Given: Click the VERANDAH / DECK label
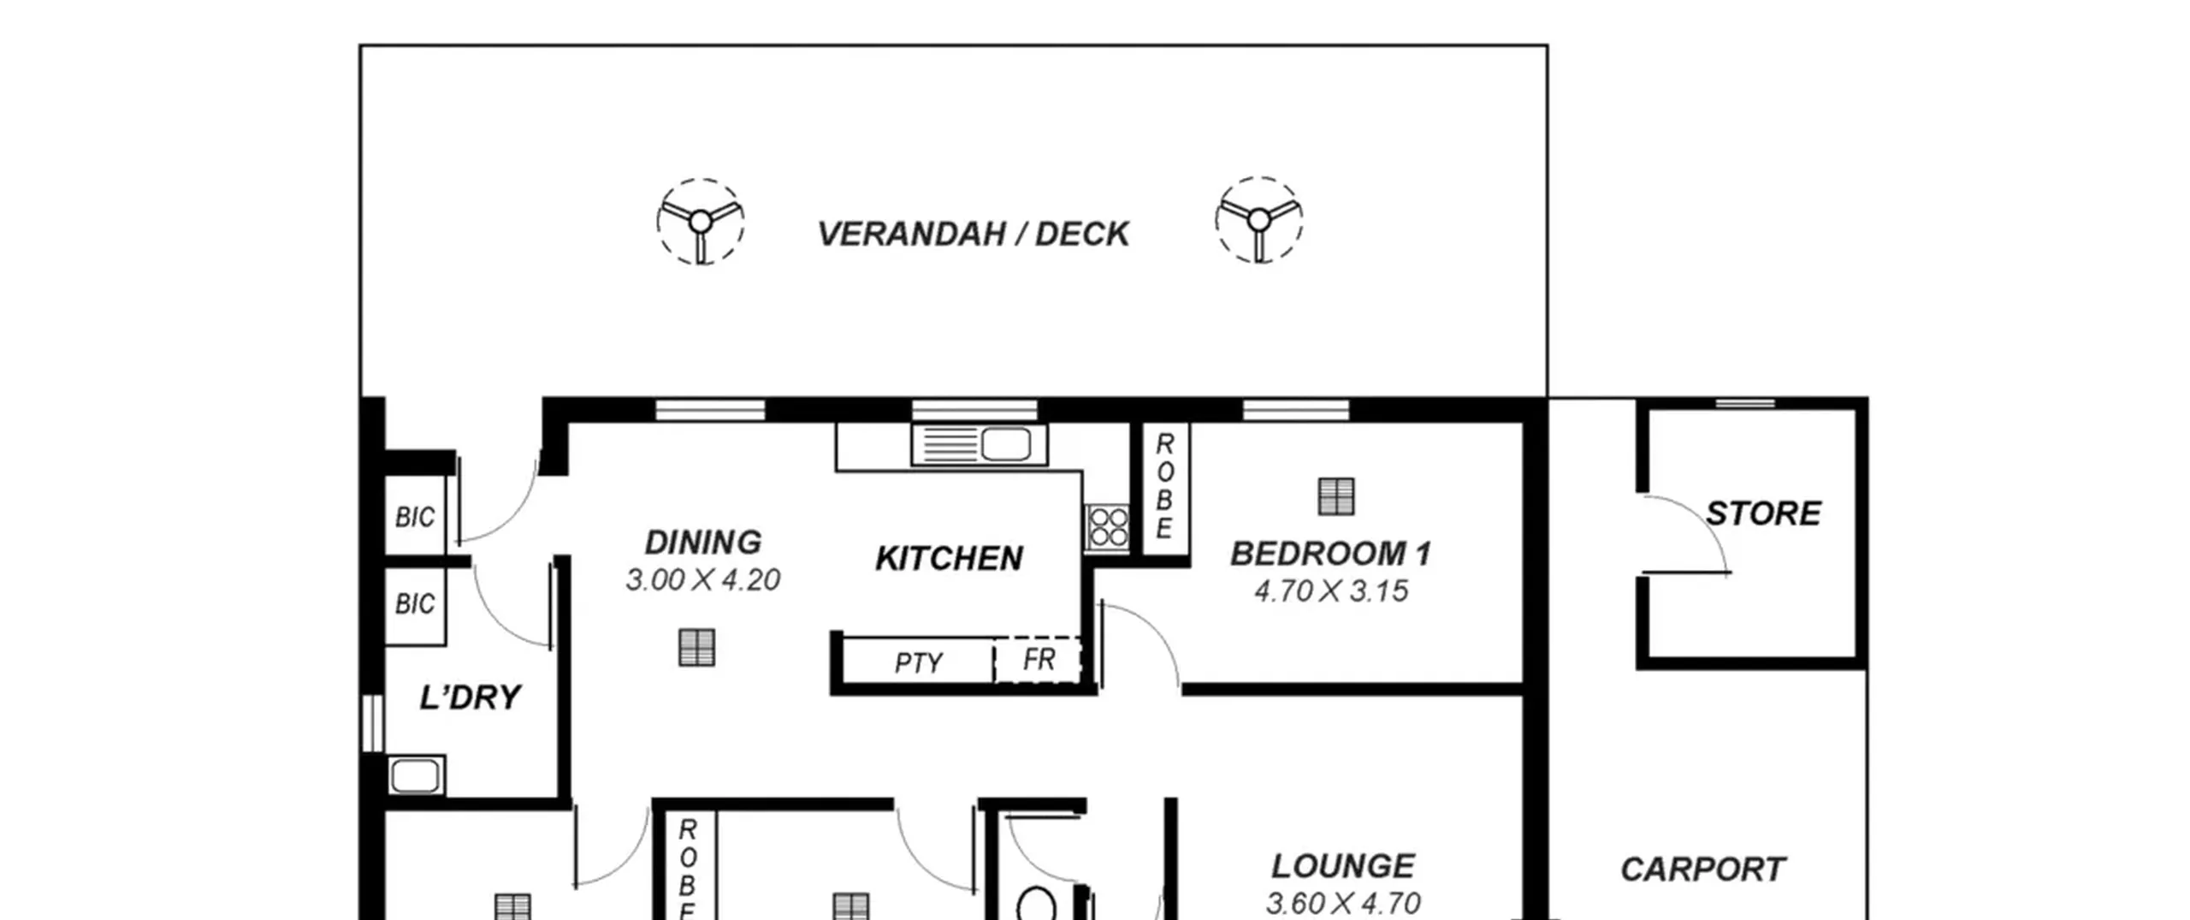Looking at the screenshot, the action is pos(974,234).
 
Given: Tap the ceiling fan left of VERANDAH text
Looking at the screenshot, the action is pos(701,222).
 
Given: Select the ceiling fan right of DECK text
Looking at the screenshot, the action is pos(1258,220).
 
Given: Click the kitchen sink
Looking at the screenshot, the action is pos(980,445).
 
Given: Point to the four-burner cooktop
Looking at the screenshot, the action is pos(1109,527).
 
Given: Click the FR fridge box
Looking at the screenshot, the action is pos(1039,660).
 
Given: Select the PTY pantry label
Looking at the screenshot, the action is pos(918,663).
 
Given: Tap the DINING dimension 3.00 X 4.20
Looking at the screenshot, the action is pos(702,580).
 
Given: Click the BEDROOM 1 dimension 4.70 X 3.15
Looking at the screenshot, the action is pos(1331,591).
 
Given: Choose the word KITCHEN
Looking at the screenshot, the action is pos(949,559).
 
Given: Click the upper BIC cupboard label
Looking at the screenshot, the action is pos(415,517).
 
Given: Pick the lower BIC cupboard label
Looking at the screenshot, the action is pos(415,604).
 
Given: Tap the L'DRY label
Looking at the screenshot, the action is pos(470,697).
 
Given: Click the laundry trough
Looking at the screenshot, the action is pos(416,776).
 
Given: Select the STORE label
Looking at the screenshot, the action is pos(1763,513).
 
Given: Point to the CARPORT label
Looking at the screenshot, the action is pos(1702,870).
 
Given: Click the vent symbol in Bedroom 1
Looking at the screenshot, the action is pos(1336,496).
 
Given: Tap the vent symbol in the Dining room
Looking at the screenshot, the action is pos(697,648).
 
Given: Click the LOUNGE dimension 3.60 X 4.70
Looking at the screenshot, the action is pos(1343,903).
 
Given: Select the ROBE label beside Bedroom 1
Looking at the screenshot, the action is pos(1164,486).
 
